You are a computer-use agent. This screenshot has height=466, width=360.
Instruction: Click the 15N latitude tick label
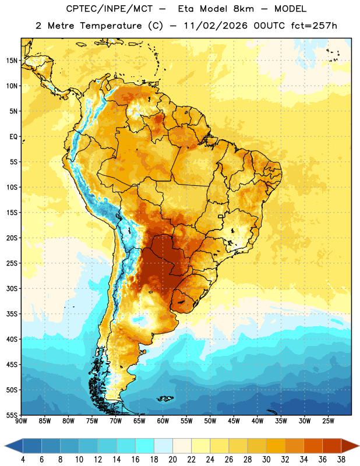point(12,61)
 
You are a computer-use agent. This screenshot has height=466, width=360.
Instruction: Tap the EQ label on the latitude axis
point(13,137)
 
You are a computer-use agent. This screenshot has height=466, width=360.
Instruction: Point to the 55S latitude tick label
point(12,415)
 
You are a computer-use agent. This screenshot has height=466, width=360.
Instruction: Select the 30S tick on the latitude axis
point(12,288)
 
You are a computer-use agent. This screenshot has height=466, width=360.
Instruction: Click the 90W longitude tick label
point(21,421)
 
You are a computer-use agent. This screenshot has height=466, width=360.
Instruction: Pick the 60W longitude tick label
point(163,421)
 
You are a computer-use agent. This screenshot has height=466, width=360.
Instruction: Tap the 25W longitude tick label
point(328,421)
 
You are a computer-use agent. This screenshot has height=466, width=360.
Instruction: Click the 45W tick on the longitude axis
point(234,421)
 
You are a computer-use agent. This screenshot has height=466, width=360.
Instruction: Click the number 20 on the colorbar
point(172,460)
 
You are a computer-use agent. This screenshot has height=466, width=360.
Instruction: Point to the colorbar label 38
point(341,460)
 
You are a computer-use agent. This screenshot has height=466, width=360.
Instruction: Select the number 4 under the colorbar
point(23,460)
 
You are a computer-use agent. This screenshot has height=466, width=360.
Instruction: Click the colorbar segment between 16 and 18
point(145,446)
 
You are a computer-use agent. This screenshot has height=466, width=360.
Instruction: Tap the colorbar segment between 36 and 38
point(332,446)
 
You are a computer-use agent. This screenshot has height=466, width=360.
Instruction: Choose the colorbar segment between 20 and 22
point(182,446)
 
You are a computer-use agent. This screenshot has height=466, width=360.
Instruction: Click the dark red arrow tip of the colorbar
point(358,446)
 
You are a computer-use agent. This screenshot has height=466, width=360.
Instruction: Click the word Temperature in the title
point(111,26)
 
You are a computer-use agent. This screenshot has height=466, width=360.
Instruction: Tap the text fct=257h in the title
point(314,26)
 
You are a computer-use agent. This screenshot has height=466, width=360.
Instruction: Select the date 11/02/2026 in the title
point(216,26)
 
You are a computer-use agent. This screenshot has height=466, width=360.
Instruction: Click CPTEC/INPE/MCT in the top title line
point(110,9)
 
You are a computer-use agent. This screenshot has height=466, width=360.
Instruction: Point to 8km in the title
point(243,9)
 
